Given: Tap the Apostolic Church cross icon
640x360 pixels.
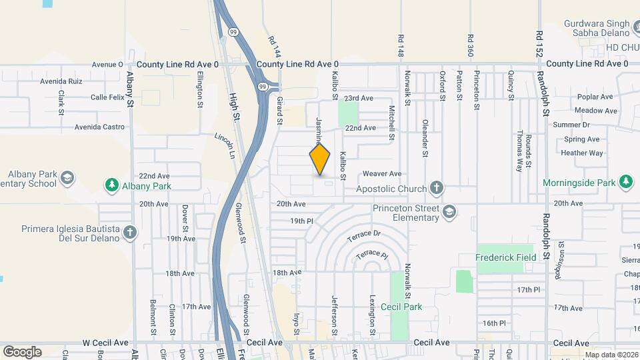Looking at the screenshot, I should point(437,188).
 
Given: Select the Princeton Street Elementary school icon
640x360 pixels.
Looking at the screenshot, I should point(449,212).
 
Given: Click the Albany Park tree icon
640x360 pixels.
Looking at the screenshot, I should point(111,185).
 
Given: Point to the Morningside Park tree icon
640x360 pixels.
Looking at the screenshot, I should point(625,181).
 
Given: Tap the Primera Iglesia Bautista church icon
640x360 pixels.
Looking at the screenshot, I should point(130,233).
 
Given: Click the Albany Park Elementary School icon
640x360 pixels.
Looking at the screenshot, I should point(67,178).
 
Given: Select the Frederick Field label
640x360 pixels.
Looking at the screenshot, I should point(505,257).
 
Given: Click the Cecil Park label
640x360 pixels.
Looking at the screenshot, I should point(401,307).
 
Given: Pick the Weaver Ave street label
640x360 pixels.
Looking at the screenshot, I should point(382,173).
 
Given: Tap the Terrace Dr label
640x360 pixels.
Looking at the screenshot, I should point(363,234).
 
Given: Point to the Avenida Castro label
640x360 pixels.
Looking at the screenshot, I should point(99,127).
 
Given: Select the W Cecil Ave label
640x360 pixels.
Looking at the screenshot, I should point(105,342).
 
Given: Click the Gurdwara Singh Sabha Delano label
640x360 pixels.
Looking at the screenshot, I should point(597,27).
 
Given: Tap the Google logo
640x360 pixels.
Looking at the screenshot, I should point(22,351).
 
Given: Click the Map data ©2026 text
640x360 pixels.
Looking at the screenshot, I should point(610,355).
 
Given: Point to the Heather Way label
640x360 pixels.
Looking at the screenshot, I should point(581,153).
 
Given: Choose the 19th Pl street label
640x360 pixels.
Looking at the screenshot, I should point(301,221).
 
